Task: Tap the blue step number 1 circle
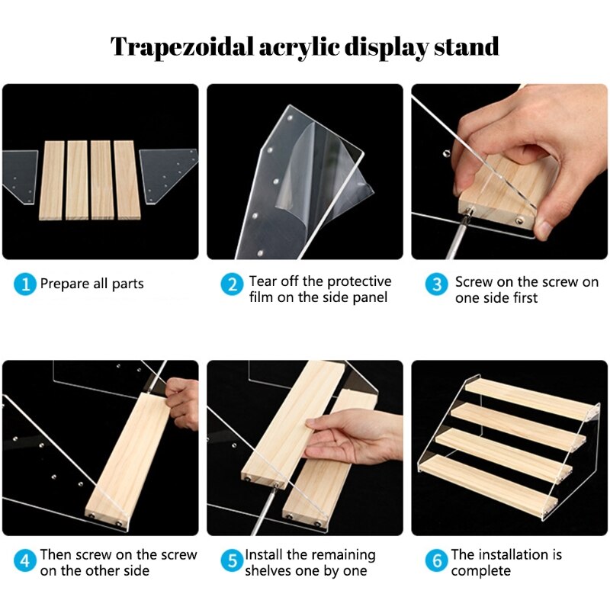point(24,284)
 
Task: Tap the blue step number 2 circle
point(232,284)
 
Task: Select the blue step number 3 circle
point(437,284)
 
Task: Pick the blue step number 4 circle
point(24,561)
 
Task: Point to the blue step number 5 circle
point(232,561)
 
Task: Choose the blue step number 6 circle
point(437,561)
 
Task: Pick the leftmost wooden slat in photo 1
point(52,180)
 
